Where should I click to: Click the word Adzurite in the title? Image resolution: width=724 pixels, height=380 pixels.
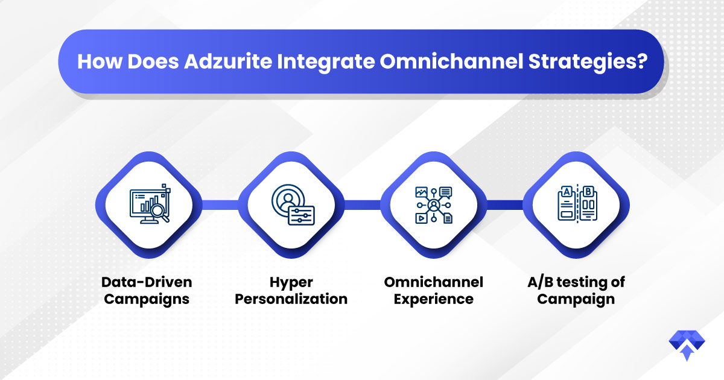point(228,61)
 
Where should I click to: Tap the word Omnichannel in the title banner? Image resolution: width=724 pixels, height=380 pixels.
point(451,61)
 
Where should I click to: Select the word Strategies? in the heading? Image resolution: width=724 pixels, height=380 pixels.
point(588,62)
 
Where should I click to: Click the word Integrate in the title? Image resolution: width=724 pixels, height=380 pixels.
point(326,62)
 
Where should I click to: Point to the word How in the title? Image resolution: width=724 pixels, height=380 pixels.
point(100,61)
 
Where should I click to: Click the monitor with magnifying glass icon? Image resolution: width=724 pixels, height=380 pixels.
point(150,204)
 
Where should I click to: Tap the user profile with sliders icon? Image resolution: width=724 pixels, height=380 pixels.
point(293,204)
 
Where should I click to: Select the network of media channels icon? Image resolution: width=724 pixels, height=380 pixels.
point(434,205)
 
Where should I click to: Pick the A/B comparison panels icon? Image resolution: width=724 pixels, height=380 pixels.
point(577,203)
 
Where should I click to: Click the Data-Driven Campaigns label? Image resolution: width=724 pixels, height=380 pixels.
point(147,291)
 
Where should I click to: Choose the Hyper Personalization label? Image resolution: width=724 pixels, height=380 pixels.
point(291,291)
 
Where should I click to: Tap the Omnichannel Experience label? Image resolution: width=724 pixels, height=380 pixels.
point(434,291)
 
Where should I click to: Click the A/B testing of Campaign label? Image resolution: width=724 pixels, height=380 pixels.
point(576,291)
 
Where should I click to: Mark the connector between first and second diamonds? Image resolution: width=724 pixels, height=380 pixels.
point(220,205)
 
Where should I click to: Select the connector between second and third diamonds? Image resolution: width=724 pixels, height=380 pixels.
point(363,205)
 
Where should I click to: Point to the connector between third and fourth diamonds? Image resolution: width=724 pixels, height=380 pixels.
point(505,205)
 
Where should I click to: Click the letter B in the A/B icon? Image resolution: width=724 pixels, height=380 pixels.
point(588,192)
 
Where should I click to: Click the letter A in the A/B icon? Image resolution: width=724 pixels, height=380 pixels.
point(567,192)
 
